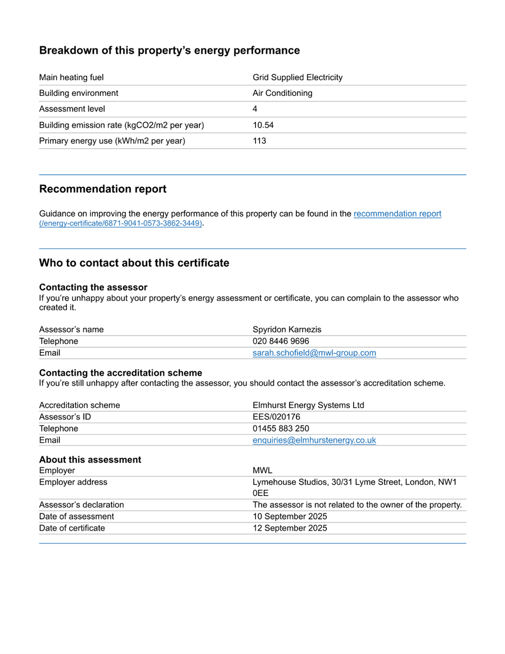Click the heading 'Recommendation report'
click(102, 189)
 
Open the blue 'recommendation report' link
click(397, 214)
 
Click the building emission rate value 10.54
click(263, 125)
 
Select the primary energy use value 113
click(259, 141)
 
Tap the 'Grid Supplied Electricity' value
click(297, 77)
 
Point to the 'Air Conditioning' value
click(282, 93)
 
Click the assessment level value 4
click(255, 109)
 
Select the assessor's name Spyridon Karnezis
click(287, 329)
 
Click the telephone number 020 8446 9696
click(281, 341)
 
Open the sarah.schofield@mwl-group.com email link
click(314, 353)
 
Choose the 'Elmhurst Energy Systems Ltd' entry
click(308, 405)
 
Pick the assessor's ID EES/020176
click(276, 417)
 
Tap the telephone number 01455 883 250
click(281, 428)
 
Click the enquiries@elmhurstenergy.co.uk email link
click(314, 440)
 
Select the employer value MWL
click(262, 470)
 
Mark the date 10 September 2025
click(290, 516)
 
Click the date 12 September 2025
click(290, 528)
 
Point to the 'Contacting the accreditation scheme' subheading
click(120, 373)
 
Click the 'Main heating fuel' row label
click(71, 77)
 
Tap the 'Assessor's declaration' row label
click(81, 505)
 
